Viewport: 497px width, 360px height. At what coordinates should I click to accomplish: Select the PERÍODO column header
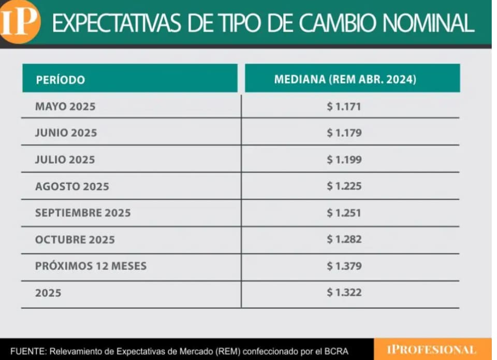[x=60, y=80]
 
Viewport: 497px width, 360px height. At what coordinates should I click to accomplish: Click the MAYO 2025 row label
[x=65, y=107]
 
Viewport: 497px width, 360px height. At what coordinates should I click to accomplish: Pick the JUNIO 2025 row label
[x=66, y=133]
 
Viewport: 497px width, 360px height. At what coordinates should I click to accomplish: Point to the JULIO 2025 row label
[x=65, y=160]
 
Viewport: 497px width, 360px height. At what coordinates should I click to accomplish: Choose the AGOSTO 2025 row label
[x=72, y=186]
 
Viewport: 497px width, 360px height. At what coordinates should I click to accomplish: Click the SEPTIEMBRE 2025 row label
[x=83, y=213]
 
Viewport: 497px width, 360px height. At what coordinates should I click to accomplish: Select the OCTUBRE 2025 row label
[x=75, y=240]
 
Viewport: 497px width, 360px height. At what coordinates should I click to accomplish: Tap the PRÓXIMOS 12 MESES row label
[x=91, y=266]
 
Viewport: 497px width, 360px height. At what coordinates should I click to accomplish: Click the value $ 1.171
[x=344, y=107]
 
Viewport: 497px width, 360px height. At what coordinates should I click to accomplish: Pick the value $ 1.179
[x=344, y=133]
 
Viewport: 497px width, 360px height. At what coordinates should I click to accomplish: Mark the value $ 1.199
[x=344, y=160]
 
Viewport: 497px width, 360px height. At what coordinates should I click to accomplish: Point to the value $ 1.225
[x=344, y=186]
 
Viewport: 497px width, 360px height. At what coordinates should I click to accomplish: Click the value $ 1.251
[x=344, y=213]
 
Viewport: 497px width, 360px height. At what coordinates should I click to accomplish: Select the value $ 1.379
[x=344, y=266]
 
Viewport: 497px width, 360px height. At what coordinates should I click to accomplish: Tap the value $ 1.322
[x=344, y=293]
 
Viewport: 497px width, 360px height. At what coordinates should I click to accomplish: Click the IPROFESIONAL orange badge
[x=431, y=350]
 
